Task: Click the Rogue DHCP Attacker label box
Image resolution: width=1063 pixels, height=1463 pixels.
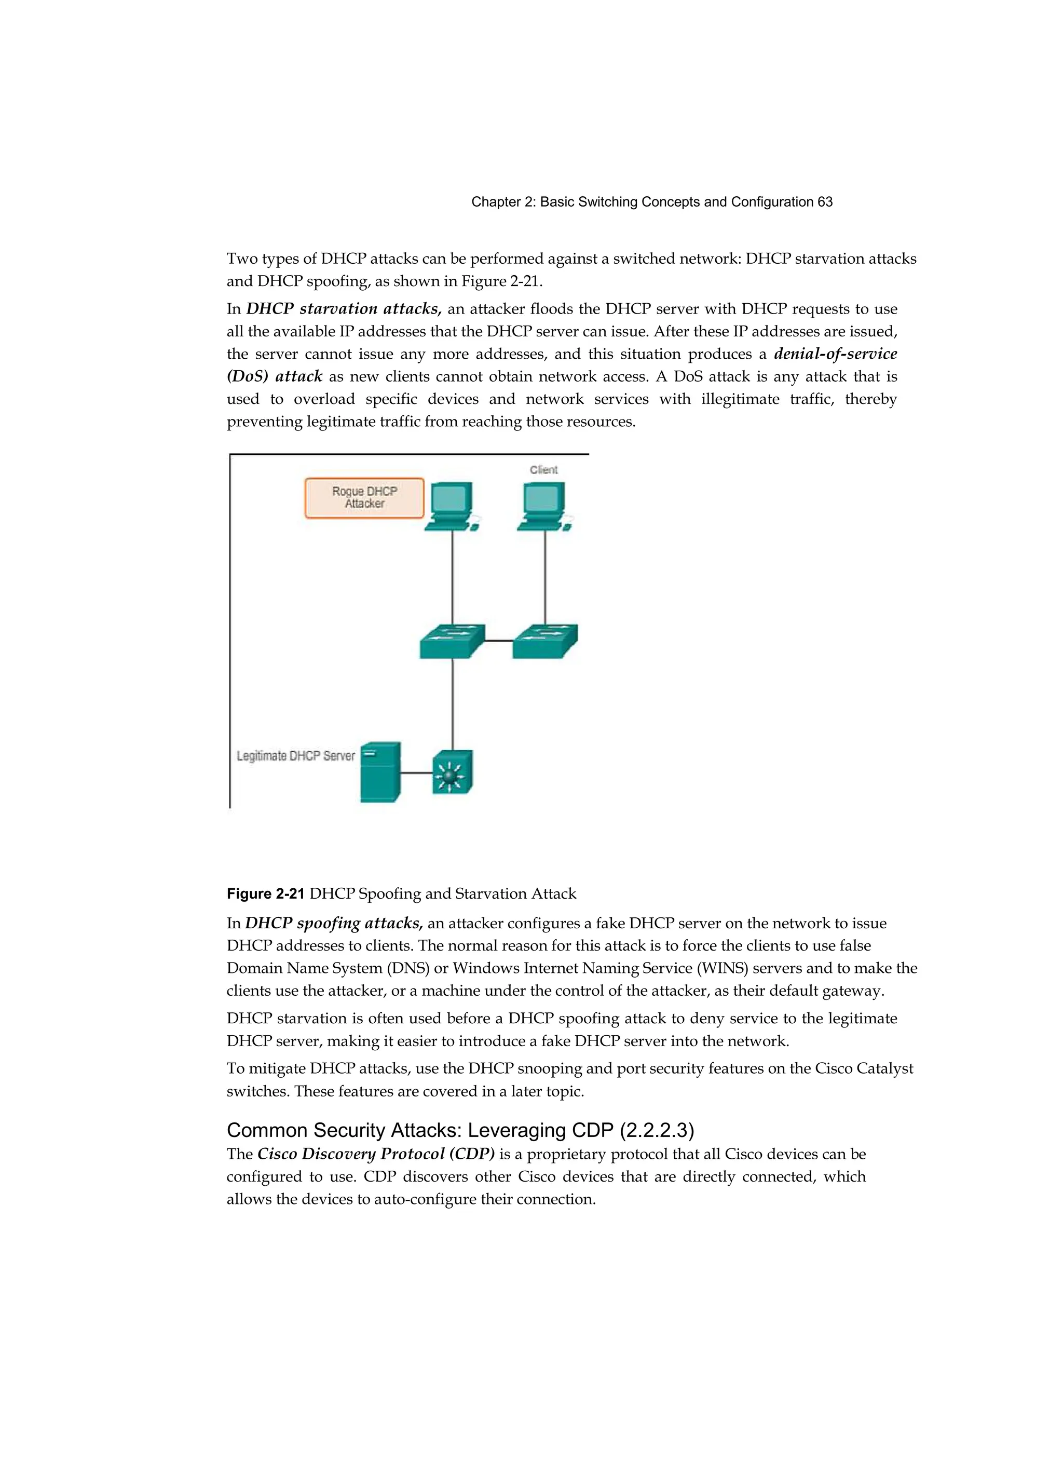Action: coord(364,497)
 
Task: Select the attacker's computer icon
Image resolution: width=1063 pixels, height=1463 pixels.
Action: coord(451,506)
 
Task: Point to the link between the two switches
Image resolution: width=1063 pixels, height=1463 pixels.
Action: coord(498,641)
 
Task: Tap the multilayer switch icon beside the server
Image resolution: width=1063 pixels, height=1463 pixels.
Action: coord(452,772)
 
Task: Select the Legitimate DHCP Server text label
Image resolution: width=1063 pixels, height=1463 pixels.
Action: coord(295,755)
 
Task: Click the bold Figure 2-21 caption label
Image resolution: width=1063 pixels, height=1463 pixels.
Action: coord(265,893)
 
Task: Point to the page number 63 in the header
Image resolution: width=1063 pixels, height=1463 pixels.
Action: coord(824,202)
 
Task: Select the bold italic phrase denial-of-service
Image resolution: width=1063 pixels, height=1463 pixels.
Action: coord(835,354)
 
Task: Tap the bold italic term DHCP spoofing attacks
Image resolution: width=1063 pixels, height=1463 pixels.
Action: coord(333,923)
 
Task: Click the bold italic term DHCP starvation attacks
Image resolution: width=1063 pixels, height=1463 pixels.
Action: coord(343,309)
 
